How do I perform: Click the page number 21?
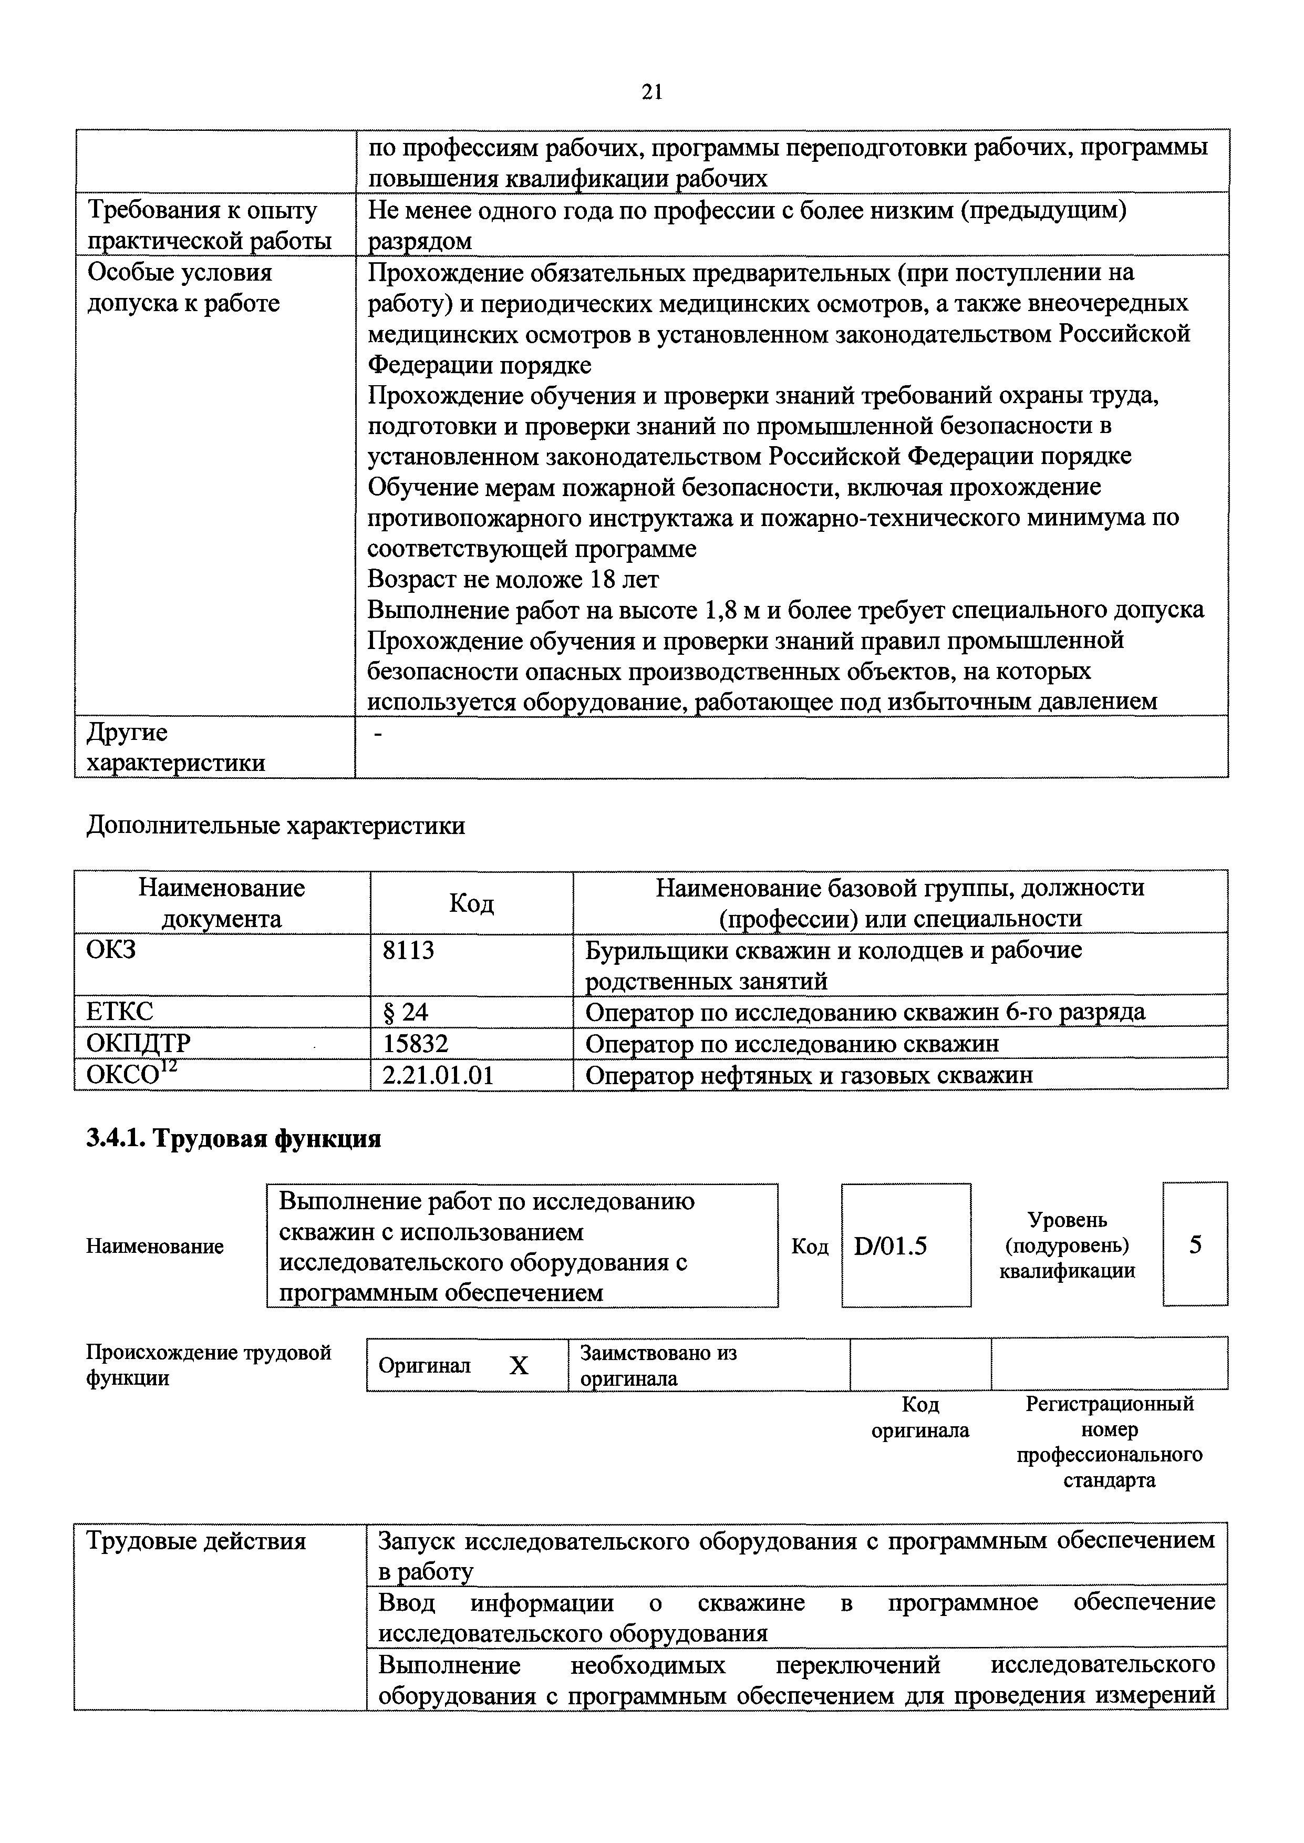[652, 92]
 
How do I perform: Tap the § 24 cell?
[406, 1011]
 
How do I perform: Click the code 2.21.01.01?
[438, 1075]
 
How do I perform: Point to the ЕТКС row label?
[120, 1011]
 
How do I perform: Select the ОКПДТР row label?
[139, 1043]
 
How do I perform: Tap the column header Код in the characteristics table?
[471, 903]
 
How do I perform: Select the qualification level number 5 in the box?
[1195, 1245]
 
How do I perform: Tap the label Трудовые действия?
[196, 1541]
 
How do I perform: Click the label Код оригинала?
[920, 1417]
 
